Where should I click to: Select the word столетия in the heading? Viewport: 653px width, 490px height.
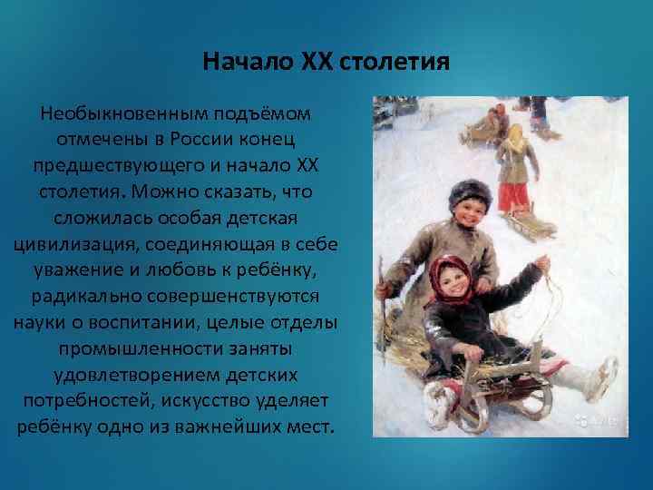[x=392, y=64]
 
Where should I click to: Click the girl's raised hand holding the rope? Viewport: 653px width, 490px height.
[x=544, y=262]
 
